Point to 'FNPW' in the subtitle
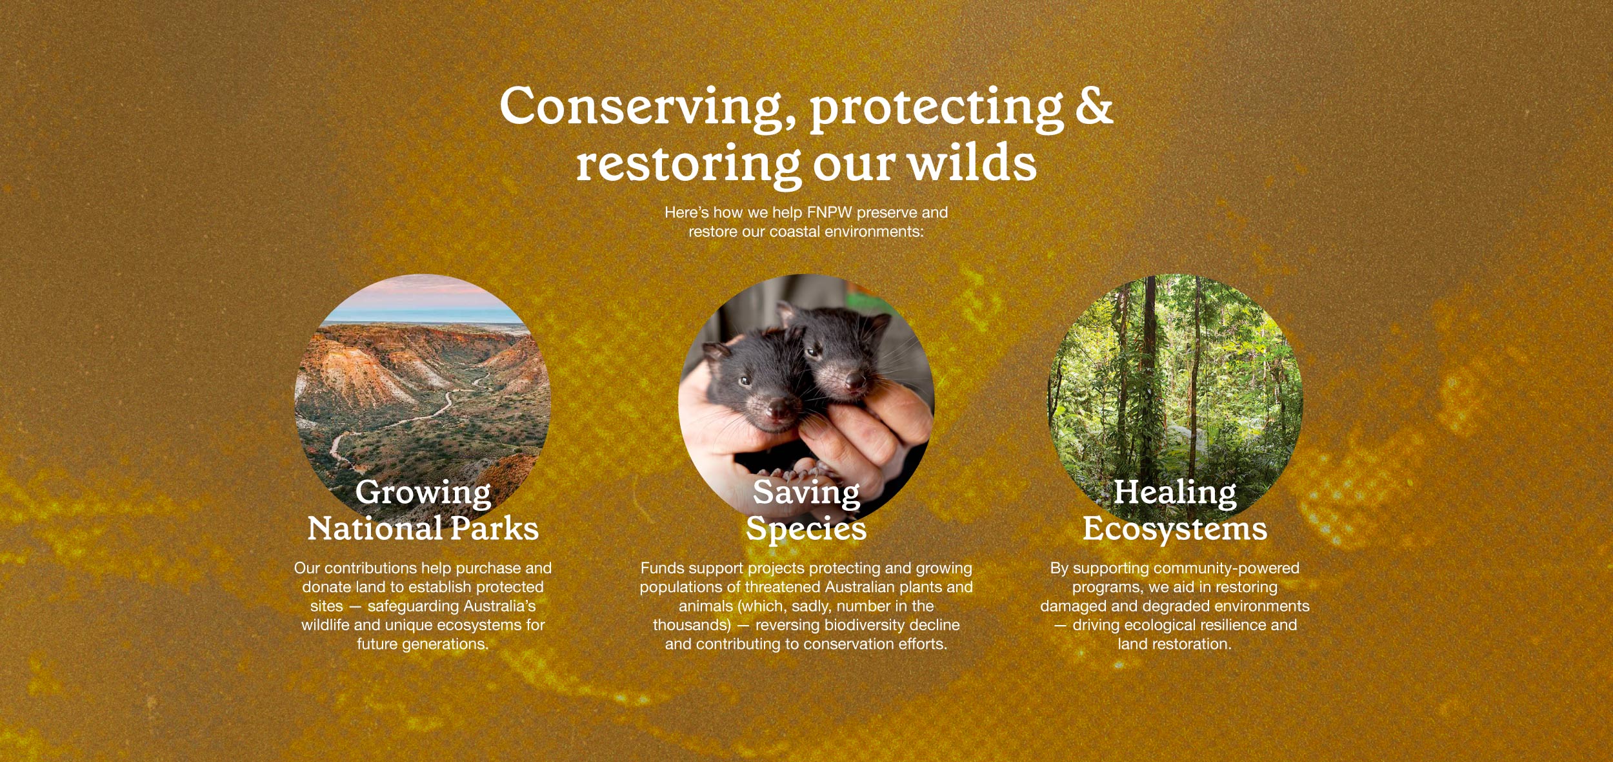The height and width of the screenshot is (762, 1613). click(x=829, y=212)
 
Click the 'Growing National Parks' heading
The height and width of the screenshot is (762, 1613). click(x=423, y=510)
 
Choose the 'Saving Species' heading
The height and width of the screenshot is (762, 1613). click(x=806, y=510)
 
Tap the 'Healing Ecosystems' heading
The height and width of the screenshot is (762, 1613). click(x=1175, y=510)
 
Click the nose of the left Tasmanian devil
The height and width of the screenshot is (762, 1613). click(x=777, y=408)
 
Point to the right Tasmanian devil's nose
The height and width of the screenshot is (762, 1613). click(x=855, y=380)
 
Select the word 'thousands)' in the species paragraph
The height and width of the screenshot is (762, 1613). click(x=692, y=625)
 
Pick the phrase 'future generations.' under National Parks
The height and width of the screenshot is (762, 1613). click(x=423, y=644)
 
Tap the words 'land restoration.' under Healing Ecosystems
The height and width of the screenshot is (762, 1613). click(x=1175, y=644)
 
